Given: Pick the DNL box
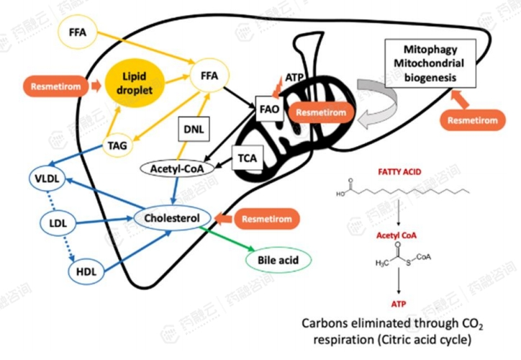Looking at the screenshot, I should tap(192, 131).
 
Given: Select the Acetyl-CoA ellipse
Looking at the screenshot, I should tap(173, 168).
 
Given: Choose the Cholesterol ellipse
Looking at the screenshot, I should tap(173, 217).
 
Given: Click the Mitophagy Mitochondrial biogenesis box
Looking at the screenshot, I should tap(422, 63).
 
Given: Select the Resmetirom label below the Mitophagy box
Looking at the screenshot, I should tap(472, 120).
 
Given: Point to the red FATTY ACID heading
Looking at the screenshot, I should tap(398, 173).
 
